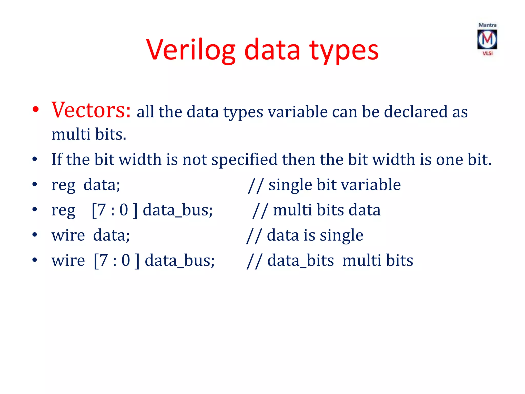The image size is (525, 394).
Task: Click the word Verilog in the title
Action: (x=191, y=50)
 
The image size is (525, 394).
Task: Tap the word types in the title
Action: (x=344, y=50)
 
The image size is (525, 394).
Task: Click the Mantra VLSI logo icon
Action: (x=487, y=39)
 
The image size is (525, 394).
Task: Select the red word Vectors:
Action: (x=91, y=110)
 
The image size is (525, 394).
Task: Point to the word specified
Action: (x=244, y=160)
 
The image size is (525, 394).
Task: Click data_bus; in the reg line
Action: (x=178, y=210)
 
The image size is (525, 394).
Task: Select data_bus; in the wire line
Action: (x=180, y=261)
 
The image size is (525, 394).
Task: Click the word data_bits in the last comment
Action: (x=300, y=261)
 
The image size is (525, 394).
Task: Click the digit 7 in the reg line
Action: (x=102, y=210)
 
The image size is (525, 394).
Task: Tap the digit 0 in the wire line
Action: (x=126, y=261)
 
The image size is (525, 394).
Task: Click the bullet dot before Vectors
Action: (x=35, y=109)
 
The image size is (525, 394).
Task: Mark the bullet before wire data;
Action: (x=35, y=235)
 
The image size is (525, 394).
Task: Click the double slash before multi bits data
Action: (x=260, y=210)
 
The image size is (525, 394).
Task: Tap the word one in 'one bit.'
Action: (x=449, y=160)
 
